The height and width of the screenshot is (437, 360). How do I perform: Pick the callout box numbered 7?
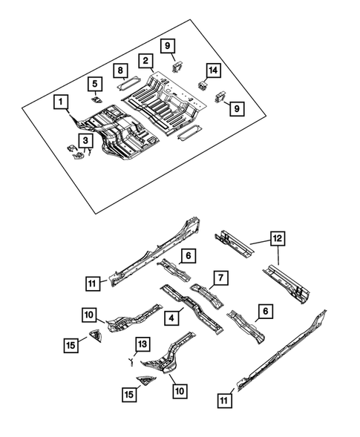tap(220, 277)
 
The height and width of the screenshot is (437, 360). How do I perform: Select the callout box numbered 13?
tap(143, 344)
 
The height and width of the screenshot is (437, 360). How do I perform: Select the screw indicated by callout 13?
tap(131, 361)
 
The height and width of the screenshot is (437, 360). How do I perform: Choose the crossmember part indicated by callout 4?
tap(193, 315)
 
